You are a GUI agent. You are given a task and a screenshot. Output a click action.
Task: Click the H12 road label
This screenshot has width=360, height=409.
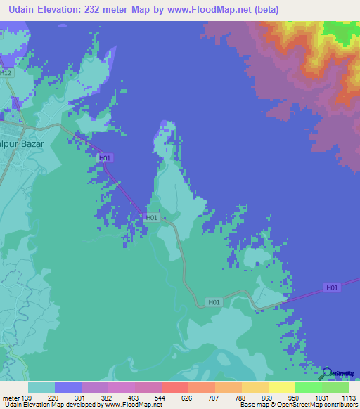pyautogui.click(x=6, y=72)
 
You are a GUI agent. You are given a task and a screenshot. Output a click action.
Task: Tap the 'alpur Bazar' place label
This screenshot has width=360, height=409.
pyautogui.click(x=22, y=143)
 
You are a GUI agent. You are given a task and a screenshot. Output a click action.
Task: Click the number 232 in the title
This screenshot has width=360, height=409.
pyautogui.click(x=105, y=9)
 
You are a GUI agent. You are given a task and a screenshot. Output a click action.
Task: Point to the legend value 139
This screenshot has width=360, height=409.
pyautogui.click(x=27, y=397)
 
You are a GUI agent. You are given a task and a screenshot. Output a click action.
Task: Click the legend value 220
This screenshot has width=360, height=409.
pyautogui.click(x=53, y=397)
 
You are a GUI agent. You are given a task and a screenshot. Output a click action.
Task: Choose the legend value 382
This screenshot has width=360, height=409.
pyautogui.click(x=107, y=397)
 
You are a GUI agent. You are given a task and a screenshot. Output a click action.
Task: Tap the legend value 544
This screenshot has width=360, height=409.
pyautogui.click(x=160, y=397)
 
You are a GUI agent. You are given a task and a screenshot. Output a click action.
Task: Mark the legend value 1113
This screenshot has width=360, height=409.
pyautogui.click(x=348, y=397)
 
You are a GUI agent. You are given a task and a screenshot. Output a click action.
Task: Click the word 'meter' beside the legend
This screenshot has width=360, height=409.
pyautogui.click(x=10, y=397)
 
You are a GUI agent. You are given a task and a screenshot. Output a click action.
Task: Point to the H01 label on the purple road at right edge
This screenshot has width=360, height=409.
pyautogui.click(x=332, y=287)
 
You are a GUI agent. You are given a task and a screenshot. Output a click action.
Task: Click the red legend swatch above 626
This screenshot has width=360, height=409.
pyautogui.click(x=174, y=387)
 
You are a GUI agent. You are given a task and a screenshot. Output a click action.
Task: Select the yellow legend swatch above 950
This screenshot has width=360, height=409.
pyautogui.click(x=281, y=387)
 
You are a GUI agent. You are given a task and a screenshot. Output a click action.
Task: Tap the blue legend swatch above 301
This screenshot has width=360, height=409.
pyautogui.click(x=67, y=387)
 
